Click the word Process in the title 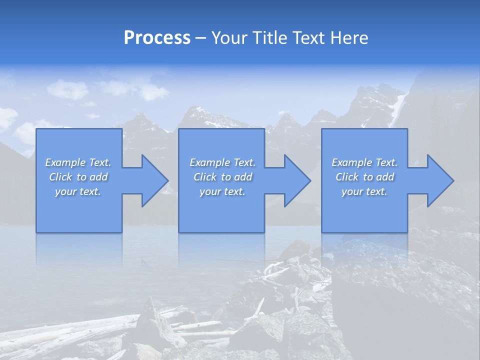pyautogui.click(x=157, y=38)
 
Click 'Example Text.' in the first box pyautogui.click(x=78, y=162)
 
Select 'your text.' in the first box pyautogui.click(x=78, y=191)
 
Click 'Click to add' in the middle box pyautogui.click(x=222, y=177)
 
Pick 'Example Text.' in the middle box pyautogui.click(x=222, y=162)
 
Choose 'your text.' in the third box pyautogui.click(x=364, y=191)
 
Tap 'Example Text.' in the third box pyautogui.click(x=364, y=162)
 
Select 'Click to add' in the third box pyautogui.click(x=364, y=177)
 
